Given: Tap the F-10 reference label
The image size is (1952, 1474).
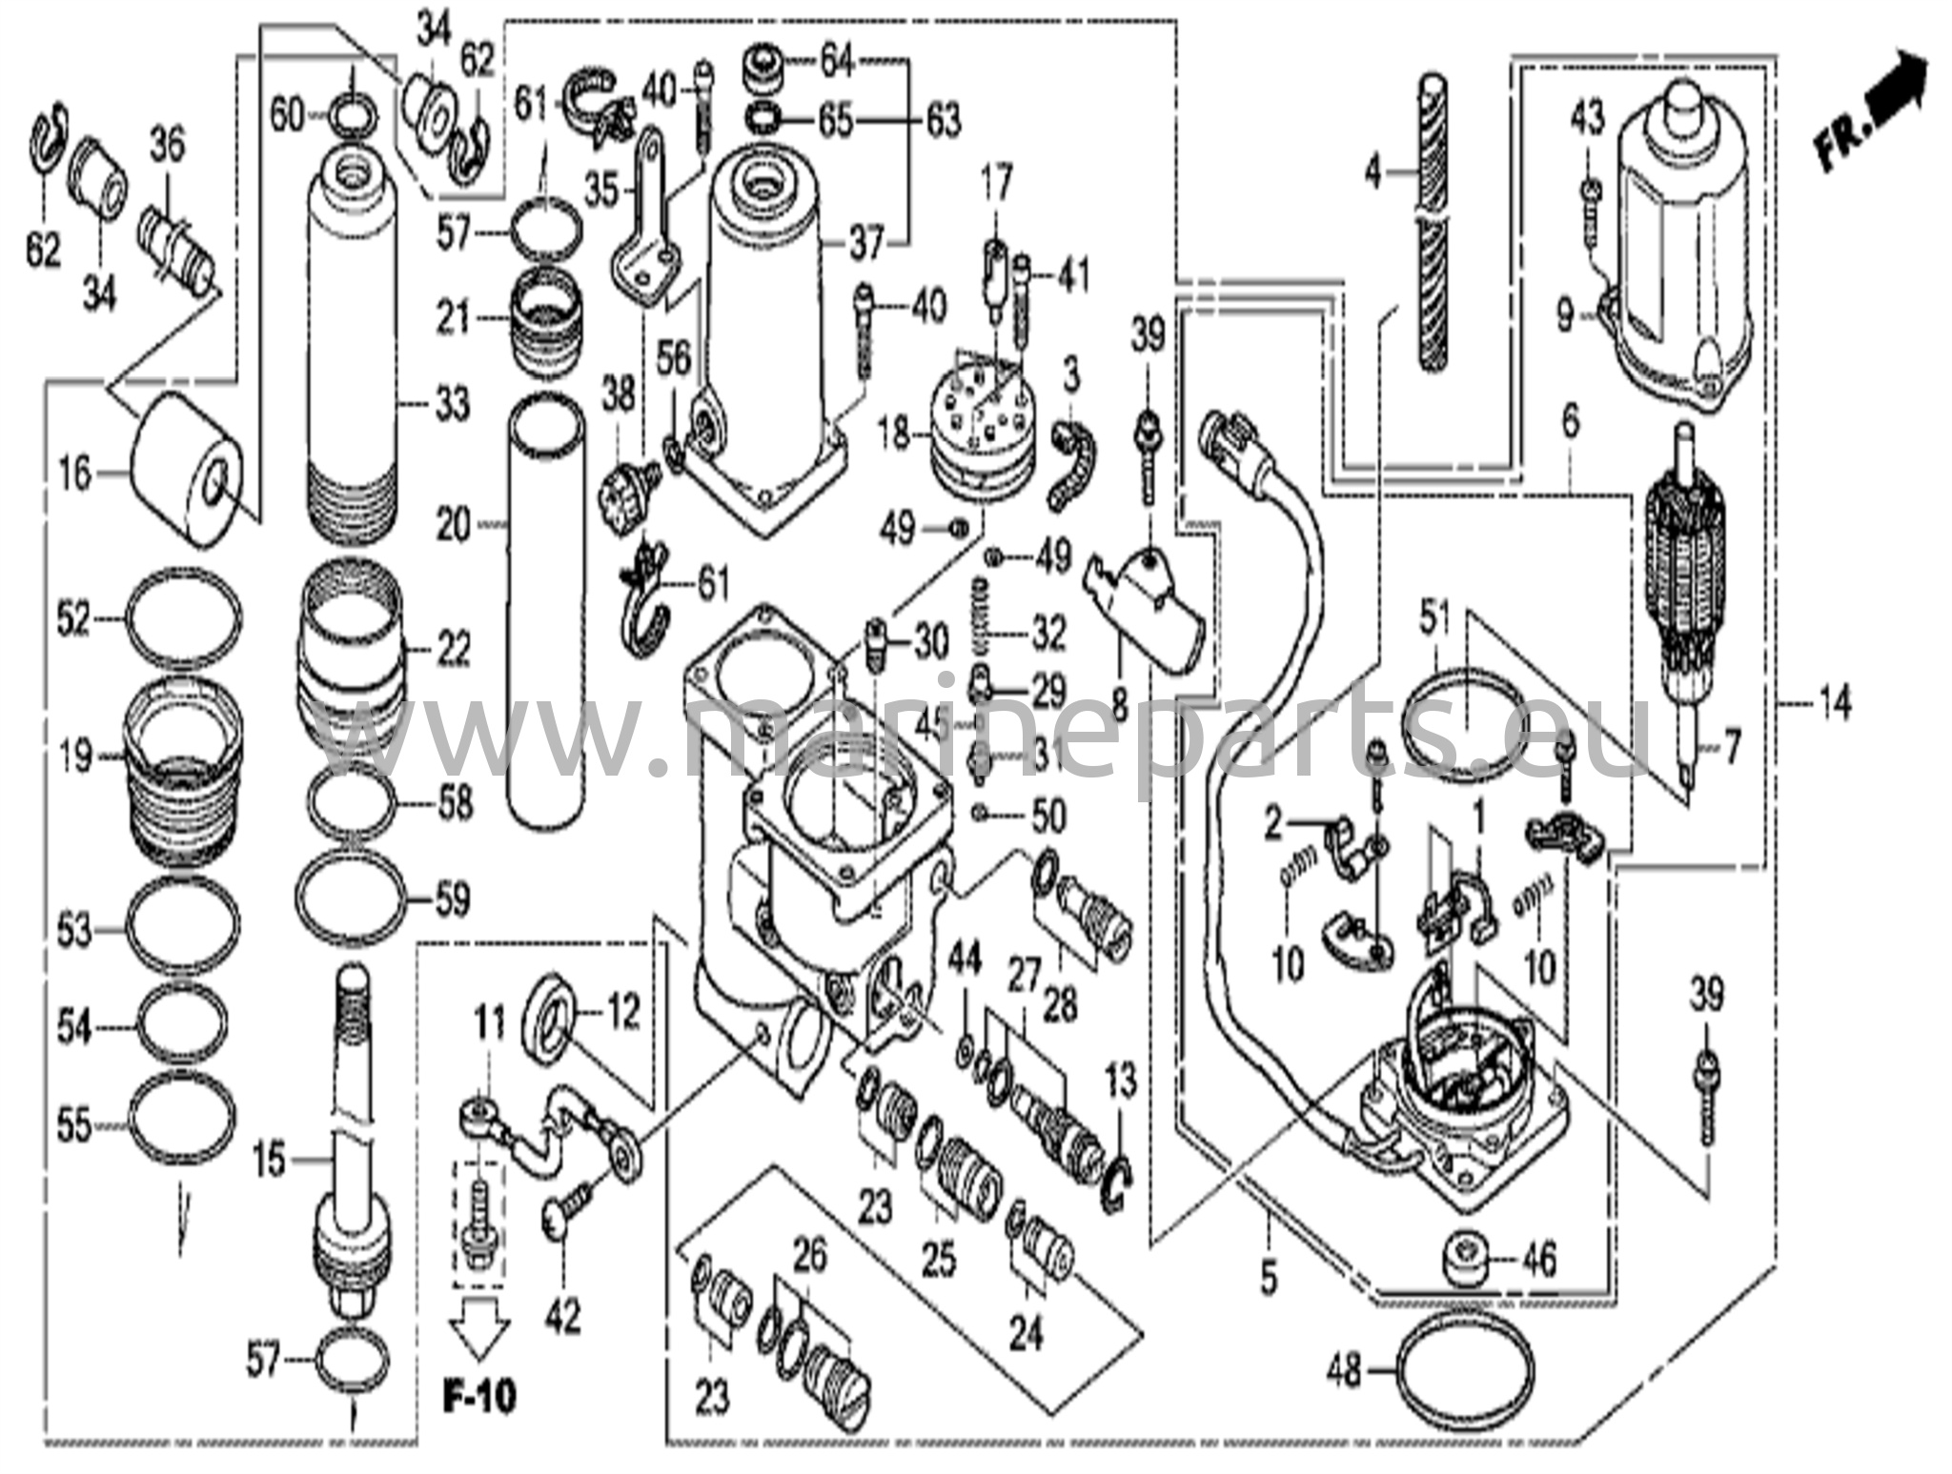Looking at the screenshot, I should (x=479, y=1396).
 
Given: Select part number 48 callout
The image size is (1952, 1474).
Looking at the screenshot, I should (x=1345, y=1374).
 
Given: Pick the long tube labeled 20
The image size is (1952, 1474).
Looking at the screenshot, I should (x=546, y=610).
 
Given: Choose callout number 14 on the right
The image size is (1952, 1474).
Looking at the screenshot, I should (x=1834, y=706).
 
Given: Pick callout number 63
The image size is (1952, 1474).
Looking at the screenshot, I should (x=943, y=121).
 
